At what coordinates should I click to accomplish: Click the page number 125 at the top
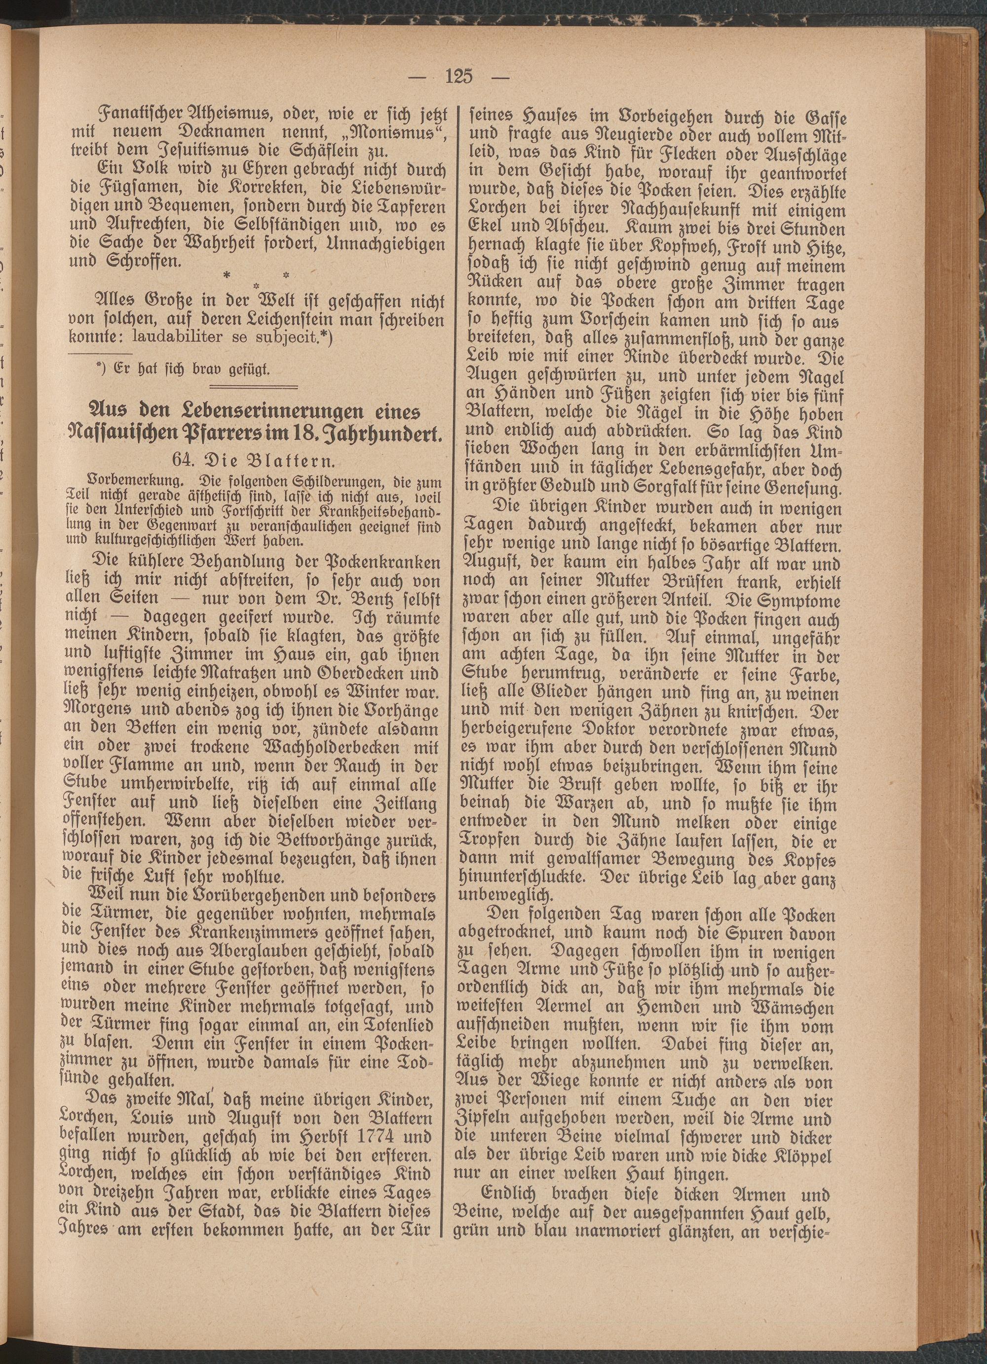coord(460,77)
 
